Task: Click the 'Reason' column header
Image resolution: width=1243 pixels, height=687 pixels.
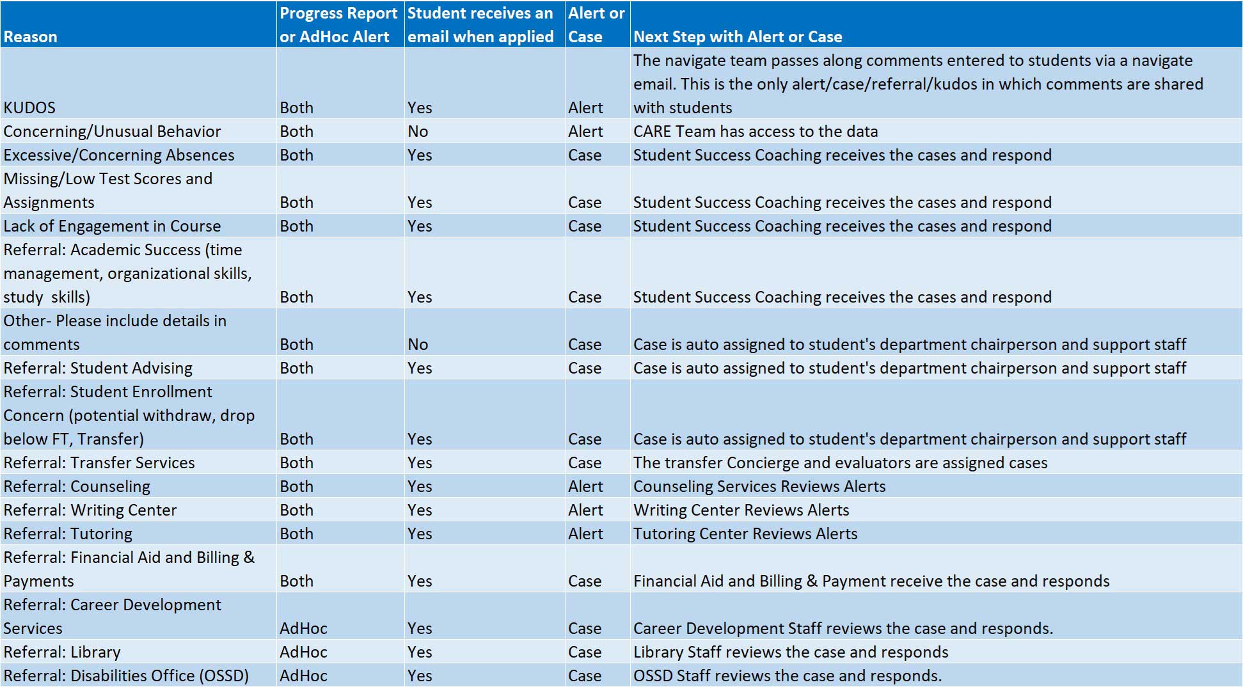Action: point(30,37)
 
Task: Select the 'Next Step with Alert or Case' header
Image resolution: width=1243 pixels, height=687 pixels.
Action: point(738,37)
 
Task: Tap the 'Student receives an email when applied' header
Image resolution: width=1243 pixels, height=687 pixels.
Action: point(480,25)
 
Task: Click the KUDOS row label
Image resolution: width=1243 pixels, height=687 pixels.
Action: point(29,107)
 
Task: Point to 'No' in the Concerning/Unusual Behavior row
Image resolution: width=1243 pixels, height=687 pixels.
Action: point(418,131)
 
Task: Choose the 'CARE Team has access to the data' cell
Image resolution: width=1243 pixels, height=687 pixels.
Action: point(756,131)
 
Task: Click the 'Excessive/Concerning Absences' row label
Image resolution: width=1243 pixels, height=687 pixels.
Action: point(119,155)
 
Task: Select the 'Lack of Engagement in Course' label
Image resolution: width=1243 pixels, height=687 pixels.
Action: point(112,226)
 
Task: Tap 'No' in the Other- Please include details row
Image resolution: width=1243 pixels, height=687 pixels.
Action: point(418,344)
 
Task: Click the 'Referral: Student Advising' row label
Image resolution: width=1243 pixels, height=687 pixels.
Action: point(98,368)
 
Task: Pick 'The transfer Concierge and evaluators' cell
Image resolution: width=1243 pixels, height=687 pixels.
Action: point(841,462)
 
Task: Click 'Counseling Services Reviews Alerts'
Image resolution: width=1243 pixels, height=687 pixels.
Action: point(759,486)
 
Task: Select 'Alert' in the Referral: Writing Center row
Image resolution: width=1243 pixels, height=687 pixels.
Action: point(585,510)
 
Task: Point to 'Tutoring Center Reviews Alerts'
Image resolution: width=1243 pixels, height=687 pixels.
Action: point(745,533)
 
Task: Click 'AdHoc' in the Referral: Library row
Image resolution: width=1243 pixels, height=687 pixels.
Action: point(303,652)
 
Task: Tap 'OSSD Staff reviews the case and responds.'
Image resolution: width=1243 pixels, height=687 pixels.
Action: point(788,675)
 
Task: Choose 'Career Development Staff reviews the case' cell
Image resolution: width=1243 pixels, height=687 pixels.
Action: point(843,628)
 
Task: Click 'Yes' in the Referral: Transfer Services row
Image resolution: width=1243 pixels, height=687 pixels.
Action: point(420,462)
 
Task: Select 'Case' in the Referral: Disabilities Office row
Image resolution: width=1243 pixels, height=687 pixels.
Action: point(585,675)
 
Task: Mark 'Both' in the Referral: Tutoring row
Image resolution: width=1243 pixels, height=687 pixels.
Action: point(296,533)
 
